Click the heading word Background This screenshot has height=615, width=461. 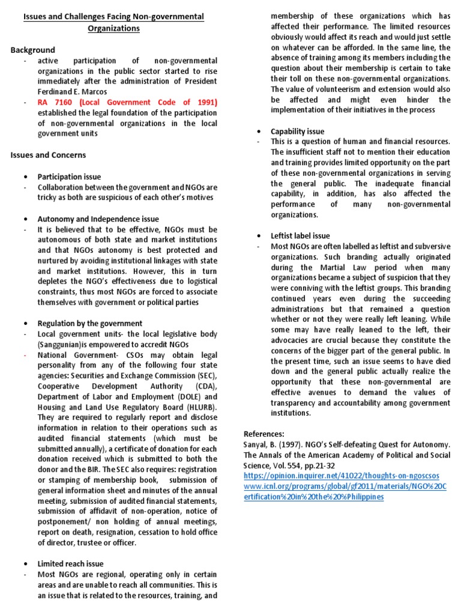pos(32,50)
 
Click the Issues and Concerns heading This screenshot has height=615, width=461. pos(48,155)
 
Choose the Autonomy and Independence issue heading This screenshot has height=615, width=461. pos(98,219)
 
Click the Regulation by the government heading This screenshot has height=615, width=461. pos(89,323)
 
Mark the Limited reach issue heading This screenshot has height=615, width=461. pos(70,563)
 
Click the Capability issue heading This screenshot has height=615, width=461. pos(297,131)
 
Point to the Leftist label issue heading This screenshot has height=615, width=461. pos(300,235)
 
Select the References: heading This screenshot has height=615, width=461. pos(264,434)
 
